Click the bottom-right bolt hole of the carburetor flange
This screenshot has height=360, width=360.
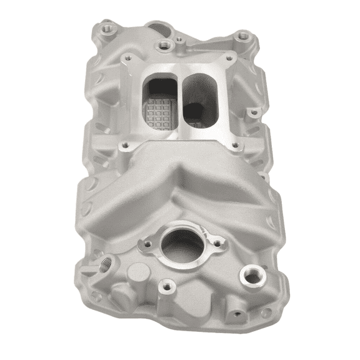[235, 147]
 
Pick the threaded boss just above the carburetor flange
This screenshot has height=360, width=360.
[164, 45]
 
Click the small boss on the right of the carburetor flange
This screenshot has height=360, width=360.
[253, 113]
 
